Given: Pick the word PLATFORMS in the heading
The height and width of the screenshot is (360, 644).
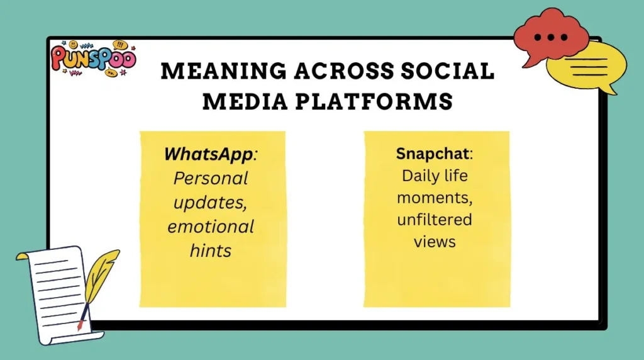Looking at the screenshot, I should tap(379, 101).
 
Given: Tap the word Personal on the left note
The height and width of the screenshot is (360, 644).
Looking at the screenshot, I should tap(211, 178).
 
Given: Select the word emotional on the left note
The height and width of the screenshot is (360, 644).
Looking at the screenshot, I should tap(211, 226).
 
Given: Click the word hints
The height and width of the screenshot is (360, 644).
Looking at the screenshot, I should tap(211, 250).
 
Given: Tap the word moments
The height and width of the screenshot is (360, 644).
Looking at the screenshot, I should tap(435, 198).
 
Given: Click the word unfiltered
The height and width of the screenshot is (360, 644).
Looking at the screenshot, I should tap(435, 220).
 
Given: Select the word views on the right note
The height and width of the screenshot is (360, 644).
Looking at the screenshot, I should tap(435, 241).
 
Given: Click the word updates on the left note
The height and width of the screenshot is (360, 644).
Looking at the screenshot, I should tap(211, 202).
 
